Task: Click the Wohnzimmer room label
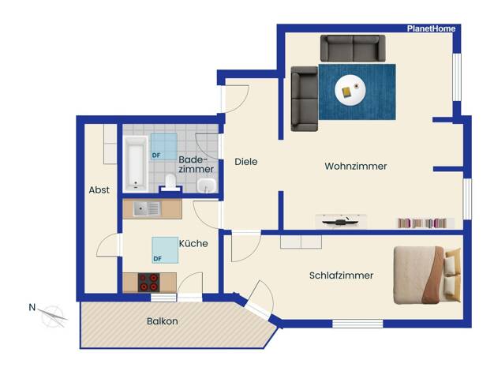[356, 166]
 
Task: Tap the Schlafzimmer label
[341, 275]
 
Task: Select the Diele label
[246, 162]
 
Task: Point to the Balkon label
[163, 321]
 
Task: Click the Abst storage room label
[99, 189]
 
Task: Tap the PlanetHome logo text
[431, 28]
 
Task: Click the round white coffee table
[350, 90]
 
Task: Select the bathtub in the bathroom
[136, 164]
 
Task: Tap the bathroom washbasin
[206, 185]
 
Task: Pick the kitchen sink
[147, 208]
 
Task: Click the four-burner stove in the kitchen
[148, 283]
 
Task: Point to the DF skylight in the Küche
[165, 250]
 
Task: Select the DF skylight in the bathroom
[164, 147]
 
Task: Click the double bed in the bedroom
[427, 275]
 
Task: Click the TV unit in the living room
[341, 221]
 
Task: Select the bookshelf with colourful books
[425, 223]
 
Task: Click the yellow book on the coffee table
[346, 92]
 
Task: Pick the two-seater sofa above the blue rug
[353, 48]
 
